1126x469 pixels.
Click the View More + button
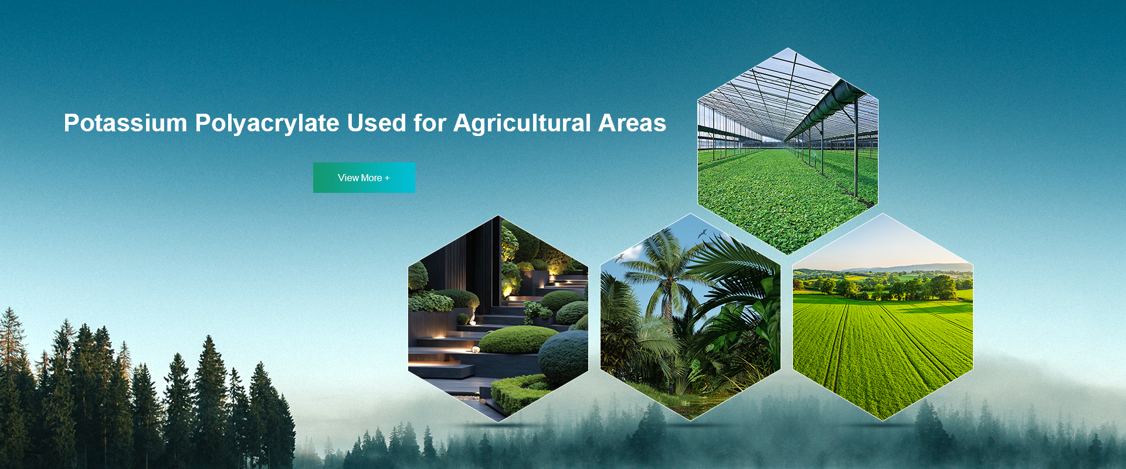coord(364,178)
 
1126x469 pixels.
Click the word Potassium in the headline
coord(126,123)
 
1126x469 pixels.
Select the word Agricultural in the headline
coord(522,124)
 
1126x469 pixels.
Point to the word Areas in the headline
coord(632,123)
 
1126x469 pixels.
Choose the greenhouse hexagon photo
coord(788,151)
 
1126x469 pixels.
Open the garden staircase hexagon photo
coord(498,318)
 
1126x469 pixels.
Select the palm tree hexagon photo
coord(690,317)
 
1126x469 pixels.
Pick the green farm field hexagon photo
coord(883,317)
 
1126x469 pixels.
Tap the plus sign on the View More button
coord(387,178)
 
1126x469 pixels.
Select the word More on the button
coord(371,178)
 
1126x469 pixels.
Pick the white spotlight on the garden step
coord(476,349)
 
